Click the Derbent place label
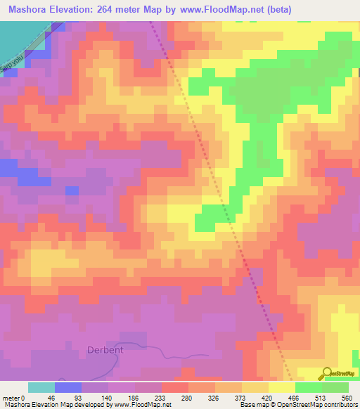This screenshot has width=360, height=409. click(105, 349)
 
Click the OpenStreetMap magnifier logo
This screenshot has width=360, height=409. click(328, 372)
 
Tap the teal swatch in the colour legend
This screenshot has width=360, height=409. click(41, 387)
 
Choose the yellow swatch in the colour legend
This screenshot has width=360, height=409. click(282, 387)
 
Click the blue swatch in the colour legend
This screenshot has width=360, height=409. click(68, 387)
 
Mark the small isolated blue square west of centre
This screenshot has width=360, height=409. click(71, 190)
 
